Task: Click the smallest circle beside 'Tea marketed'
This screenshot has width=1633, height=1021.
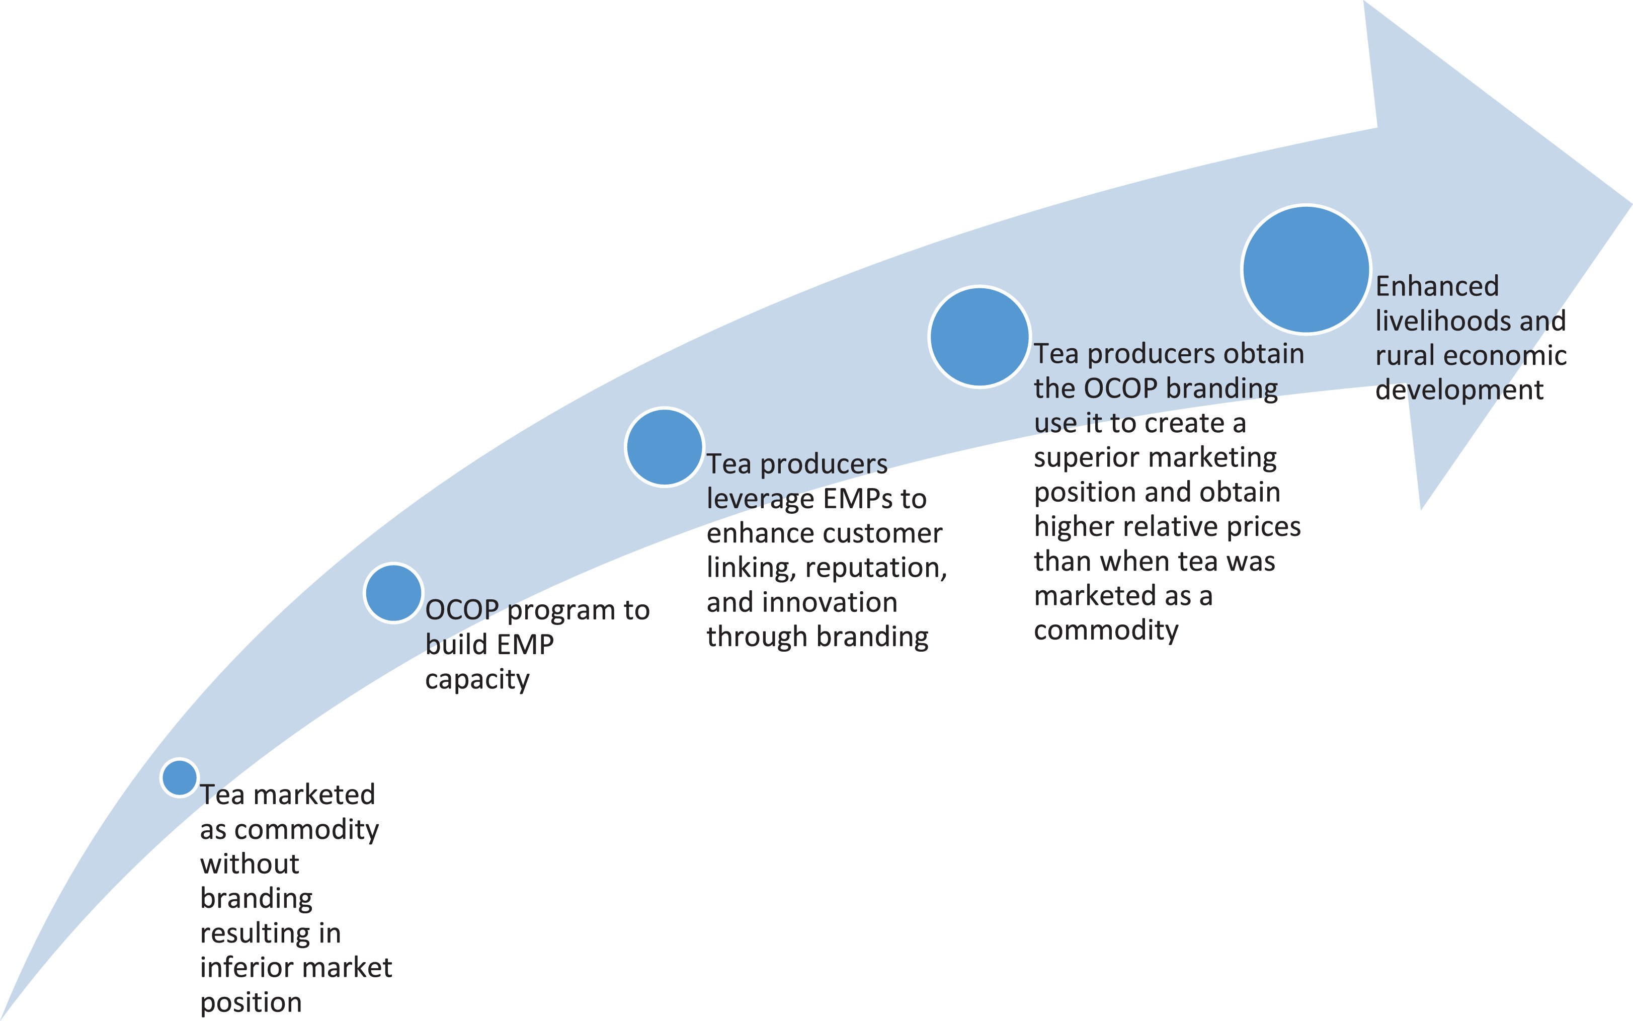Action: click(x=180, y=777)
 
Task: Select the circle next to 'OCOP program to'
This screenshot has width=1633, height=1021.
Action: click(x=393, y=593)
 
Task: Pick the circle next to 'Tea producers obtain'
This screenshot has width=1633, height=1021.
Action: click(x=979, y=336)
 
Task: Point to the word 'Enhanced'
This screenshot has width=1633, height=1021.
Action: click(x=1437, y=286)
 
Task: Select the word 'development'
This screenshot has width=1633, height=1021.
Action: click(x=1459, y=389)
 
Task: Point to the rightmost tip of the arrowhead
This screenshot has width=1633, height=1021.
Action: click(x=1630, y=203)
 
